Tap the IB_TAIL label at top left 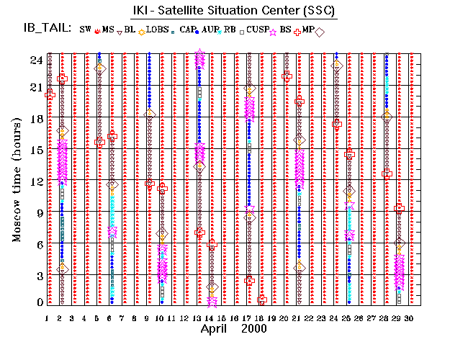(47, 30)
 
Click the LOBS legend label (158, 30)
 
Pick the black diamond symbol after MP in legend (320, 31)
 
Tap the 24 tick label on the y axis (35, 60)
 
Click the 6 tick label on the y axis (37, 244)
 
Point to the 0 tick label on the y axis (37, 302)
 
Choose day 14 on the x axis (210, 318)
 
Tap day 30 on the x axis (410, 318)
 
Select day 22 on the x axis (309, 318)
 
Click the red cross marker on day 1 (50, 94)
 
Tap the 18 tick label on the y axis (35, 120)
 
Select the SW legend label (86, 30)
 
